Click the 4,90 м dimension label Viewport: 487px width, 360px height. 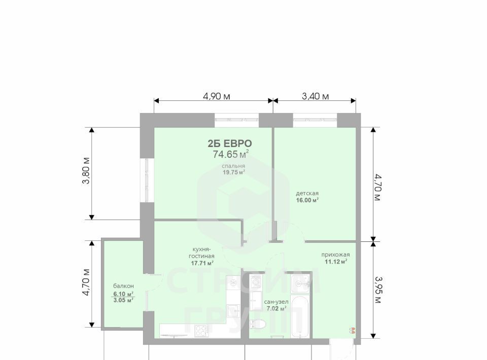click(x=217, y=96)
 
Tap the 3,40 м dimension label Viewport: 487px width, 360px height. click(x=315, y=96)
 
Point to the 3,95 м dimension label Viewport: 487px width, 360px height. click(x=377, y=290)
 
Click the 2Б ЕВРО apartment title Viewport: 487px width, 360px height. click(x=230, y=143)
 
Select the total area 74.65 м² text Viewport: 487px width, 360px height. click(x=231, y=154)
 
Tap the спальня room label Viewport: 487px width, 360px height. click(x=233, y=166)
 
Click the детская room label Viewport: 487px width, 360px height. click(x=307, y=193)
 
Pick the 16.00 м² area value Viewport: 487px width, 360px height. click(x=307, y=200)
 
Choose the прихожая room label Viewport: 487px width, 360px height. click(x=335, y=255)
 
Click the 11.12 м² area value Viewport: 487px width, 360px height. click(x=336, y=262)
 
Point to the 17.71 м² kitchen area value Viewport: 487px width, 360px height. click(x=202, y=263)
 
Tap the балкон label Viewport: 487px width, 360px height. click(x=124, y=286)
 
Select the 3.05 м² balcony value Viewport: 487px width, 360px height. click(x=124, y=300)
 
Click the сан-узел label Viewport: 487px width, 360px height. click(x=276, y=302)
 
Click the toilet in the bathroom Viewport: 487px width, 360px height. click(x=258, y=325)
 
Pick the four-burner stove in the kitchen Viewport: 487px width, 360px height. click(x=201, y=330)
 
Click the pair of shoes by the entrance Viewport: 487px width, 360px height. click(x=353, y=330)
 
